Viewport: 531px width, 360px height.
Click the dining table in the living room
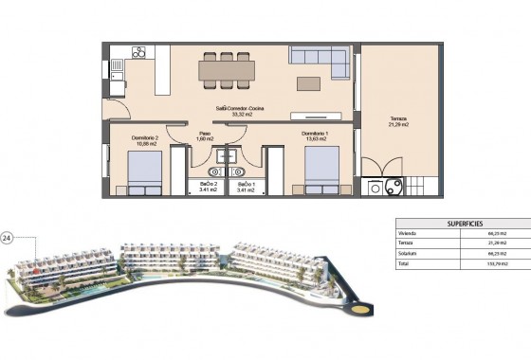(226, 68)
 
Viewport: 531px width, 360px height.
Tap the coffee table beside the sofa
(309, 83)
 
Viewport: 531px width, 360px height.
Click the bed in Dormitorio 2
(144, 172)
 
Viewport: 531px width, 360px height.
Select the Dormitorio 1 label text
(317, 134)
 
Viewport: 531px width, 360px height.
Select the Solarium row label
(409, 253)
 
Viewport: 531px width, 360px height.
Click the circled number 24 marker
(9, 238)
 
